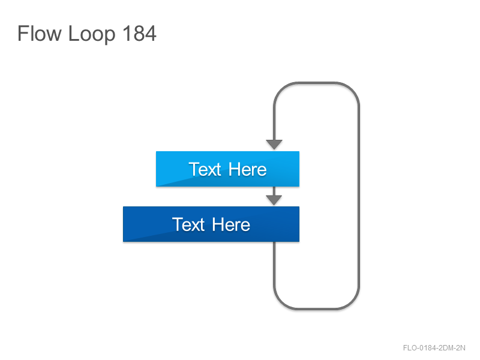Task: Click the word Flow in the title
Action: point(40,33)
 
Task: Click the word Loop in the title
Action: point(92,34)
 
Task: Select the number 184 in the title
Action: point(139,33)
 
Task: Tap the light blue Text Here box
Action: point(227,169)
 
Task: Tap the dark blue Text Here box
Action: point(211,224)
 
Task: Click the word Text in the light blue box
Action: point(205,169)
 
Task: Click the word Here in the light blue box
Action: point(247,169)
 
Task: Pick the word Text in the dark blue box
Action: point(188,224)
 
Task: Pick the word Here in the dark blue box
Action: point(231,224)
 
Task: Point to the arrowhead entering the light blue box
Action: point(274,145)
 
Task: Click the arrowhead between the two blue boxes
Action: point(274,200)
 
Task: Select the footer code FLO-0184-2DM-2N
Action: point(434,348)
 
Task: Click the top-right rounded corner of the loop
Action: point(352,89)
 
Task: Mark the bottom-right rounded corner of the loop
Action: point(352,302)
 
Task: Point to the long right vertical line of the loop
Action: point(359,196)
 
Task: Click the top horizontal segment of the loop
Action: point(317,83)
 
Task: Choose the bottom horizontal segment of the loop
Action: point(317,308)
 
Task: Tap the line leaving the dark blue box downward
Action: point(274,263)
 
